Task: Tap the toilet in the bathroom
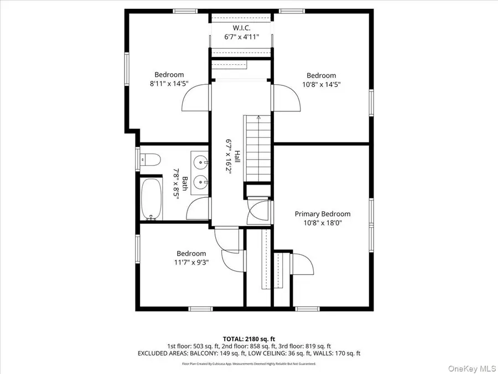(x=150, y=161)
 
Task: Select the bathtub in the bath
(x=152, y=198)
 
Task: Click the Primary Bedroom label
(x=322, y=214)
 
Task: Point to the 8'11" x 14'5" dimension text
(x=169, y=85)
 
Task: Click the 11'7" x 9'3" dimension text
(x=191, y=263)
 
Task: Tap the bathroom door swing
(x=198, y=210)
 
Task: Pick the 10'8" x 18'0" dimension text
(x=322, y=223)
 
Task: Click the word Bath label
(x=185, y=182)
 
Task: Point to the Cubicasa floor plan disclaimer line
(x=248, y=364)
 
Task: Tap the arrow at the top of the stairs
(x=258, y=117)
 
